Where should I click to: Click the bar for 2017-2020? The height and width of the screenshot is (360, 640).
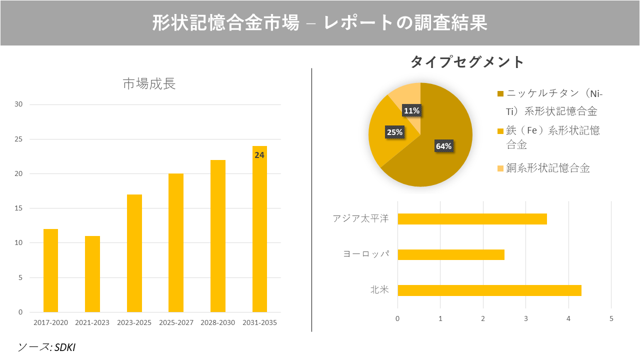point(50,270)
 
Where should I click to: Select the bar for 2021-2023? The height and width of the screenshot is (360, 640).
point(92,274)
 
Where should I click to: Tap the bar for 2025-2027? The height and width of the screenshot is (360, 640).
point(175,243)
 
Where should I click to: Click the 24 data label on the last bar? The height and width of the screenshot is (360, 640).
point(259,155)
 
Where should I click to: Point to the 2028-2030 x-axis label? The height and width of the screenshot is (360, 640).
point(217,322)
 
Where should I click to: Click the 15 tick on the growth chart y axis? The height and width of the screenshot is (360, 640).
point(18,208)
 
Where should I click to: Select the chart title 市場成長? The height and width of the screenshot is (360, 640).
point(149,84)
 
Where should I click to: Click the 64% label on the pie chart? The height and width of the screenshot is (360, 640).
point(443,146)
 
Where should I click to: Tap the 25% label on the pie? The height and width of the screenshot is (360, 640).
point(394,132)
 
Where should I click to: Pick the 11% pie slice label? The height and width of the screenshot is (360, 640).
point(411,111)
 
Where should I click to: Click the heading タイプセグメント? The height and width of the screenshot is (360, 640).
point(467,62)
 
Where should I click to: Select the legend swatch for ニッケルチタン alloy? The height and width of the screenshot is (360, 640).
point(500,94)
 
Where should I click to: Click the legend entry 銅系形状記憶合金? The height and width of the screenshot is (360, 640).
point(548,168)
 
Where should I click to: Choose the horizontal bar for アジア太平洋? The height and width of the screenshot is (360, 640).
point(472,219)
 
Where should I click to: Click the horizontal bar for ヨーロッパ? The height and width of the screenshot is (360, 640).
point(450,254)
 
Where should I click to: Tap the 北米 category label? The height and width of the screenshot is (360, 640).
point(379,290)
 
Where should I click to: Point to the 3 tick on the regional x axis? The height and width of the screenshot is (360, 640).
point(525,318)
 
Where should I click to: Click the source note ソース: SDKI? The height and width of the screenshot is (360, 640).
point(46,347)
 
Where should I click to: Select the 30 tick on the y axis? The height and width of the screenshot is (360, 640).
point(18,104)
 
